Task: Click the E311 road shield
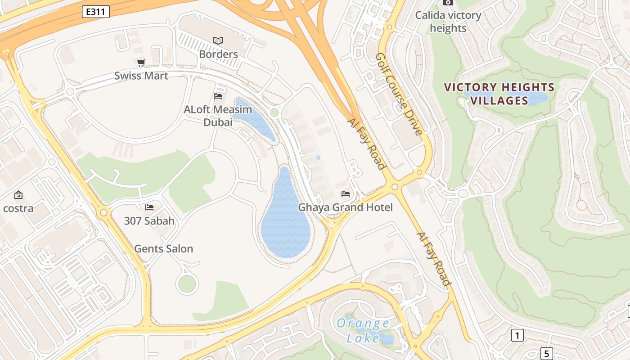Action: click(96, 12)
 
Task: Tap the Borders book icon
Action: click(218, 41)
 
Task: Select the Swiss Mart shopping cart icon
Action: click(141, 63)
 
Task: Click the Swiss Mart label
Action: click(141, 76)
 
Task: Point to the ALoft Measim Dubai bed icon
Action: click(218, 96)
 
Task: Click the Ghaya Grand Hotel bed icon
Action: click(346, 194)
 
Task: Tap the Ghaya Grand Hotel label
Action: click(345, 207)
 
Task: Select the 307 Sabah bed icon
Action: click(149, 207)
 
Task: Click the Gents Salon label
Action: click(163, 249)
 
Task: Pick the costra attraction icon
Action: click(18, 195)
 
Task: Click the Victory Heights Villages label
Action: click(499, 94)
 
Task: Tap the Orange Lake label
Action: click(363, 330)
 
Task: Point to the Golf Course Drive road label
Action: click(399, 94)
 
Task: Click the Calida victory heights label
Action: click(448, 22)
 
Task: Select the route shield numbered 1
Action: click(517, 335)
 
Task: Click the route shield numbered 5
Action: click(546, 353)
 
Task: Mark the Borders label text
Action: click(218, 54)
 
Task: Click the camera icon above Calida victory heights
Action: click(448, 2)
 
